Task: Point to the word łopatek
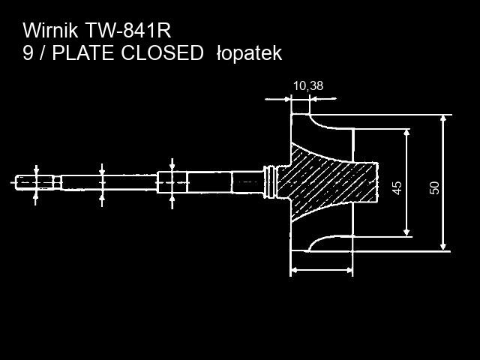click(x=248, y=54)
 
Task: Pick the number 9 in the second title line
click(x=28, y=53)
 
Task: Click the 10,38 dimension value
click(x=307, y=85)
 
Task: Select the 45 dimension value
click(x=397, y=187)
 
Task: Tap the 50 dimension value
click(x=434, y=187)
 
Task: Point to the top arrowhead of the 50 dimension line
click(x=443, y=119)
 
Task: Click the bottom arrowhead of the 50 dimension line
click(x=443, y=245)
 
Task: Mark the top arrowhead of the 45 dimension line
click(x=406, y=133)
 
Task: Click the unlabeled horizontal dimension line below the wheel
click(x=321, y=270)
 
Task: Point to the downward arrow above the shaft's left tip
click(x=36, y=170)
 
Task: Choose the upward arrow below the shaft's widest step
click(x=172, y=199)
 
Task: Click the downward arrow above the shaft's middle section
click(x=103, y=169)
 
